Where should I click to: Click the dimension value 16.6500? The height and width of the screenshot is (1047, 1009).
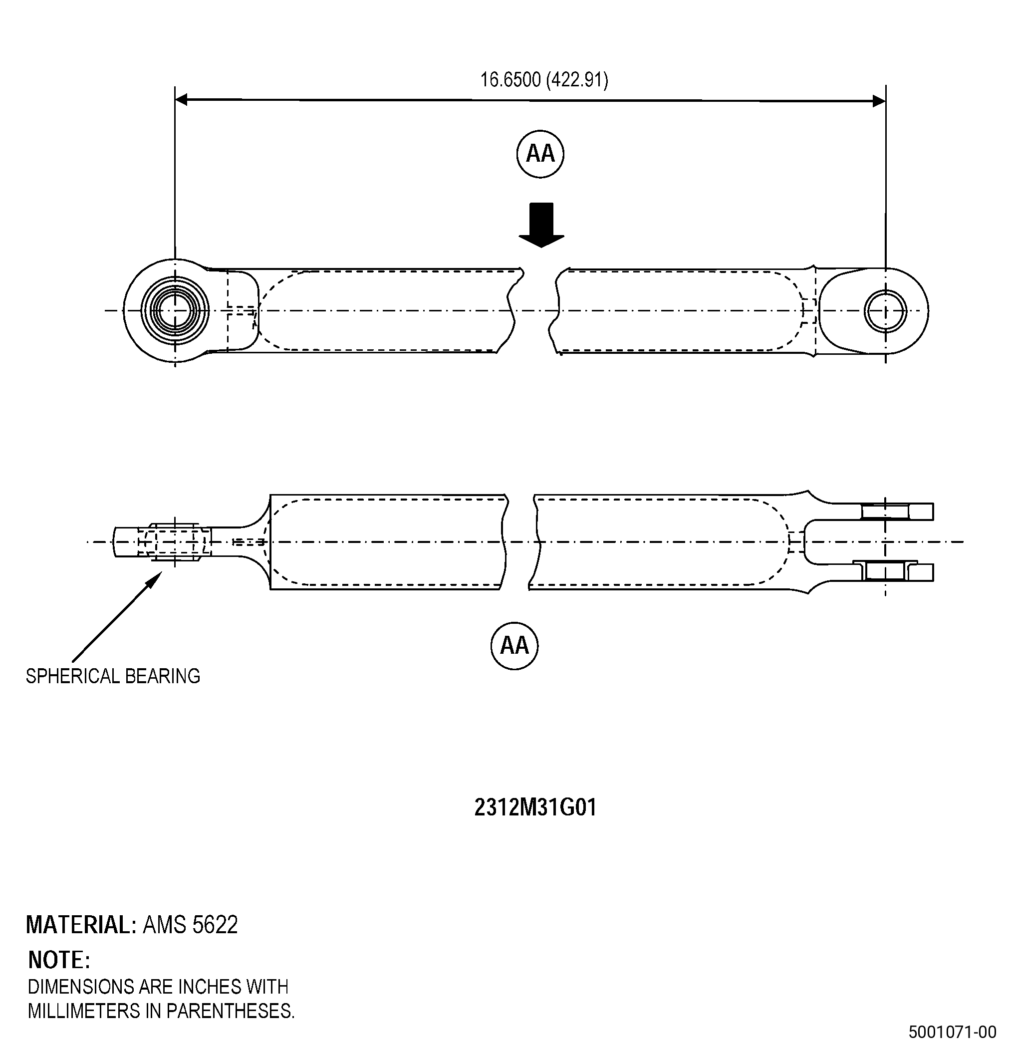click(510, 80)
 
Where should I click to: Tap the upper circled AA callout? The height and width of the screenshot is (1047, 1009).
click(540, 154)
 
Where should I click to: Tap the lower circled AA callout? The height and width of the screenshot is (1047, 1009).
click(514, 645)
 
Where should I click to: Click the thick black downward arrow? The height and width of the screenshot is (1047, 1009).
click(541, 225)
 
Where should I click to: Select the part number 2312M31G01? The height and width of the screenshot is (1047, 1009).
click(535, 807)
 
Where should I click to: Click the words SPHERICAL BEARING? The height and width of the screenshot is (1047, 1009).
click(113, 676)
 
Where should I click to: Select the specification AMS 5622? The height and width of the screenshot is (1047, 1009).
click(190, 925)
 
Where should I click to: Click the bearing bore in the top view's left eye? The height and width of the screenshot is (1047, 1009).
click(175, 310)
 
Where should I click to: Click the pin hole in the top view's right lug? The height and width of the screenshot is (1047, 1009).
click(885, 310)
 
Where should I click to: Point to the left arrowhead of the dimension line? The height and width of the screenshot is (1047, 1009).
click(182, 99)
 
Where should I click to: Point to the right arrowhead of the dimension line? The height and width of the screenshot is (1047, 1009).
click(879, 100)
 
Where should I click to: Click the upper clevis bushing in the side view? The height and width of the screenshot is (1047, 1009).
click(885, 511)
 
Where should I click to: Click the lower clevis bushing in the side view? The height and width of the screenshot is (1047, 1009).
click(885, 570)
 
